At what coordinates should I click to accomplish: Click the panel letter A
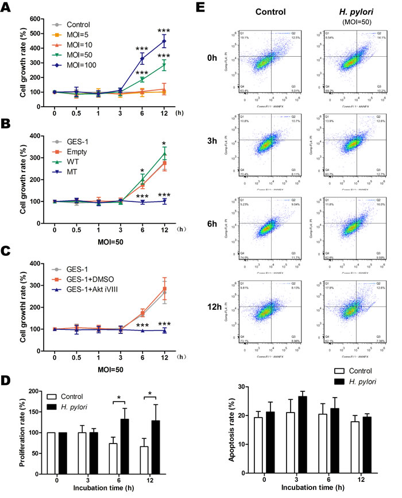(x=8, y=8)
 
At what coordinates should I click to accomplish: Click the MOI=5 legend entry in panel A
(x=76, y=34)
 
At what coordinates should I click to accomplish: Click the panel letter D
(x=8, y=380)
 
